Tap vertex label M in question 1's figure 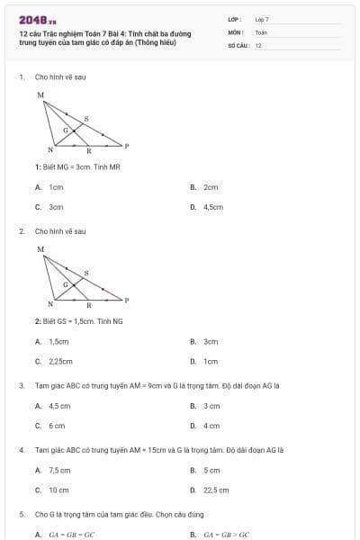pos(40,94)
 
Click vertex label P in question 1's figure pos(126,145)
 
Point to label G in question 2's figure pos(66,283)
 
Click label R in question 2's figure pos(88,305)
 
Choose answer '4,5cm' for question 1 pos(212,206)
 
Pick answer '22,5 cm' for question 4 pos(216,490)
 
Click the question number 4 pos(21,449)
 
